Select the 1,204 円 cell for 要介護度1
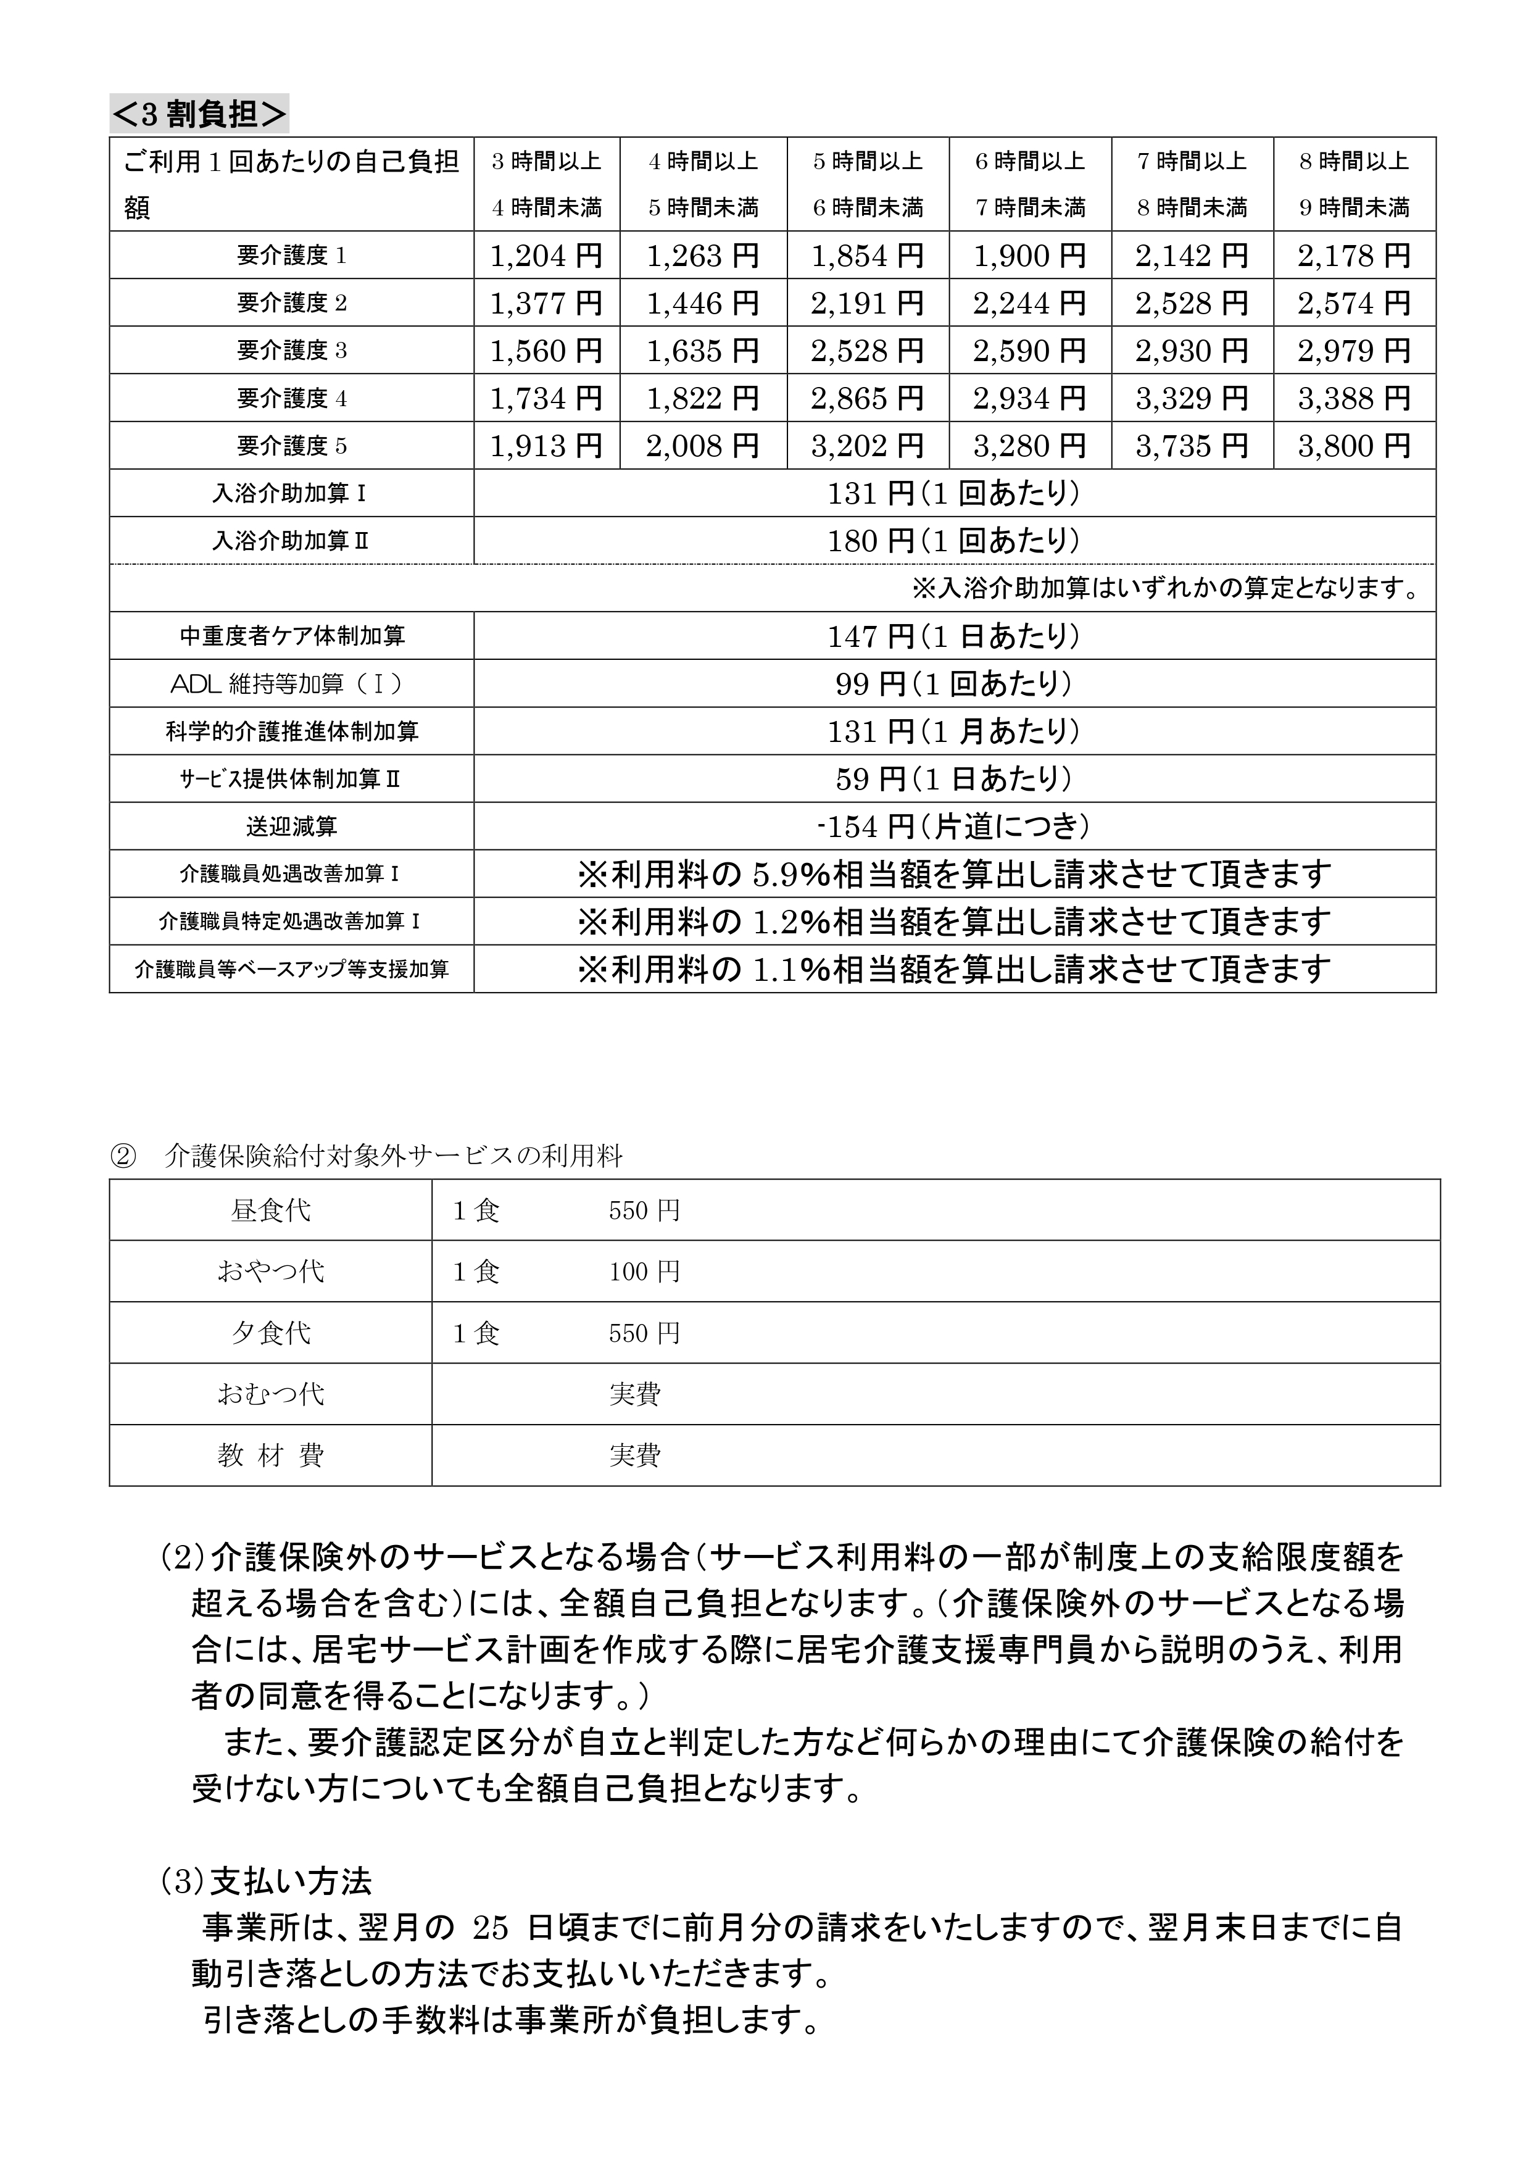tap(546, 256)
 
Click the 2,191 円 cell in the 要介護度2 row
tap(867, 303)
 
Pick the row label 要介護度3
tap(291, 351)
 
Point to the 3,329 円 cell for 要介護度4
tap(1192, 398)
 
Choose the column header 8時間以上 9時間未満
tap(1354, 184)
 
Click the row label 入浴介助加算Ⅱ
tap(291, 541)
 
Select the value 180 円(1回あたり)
tap(953, 541)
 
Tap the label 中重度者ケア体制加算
tap(291, 636)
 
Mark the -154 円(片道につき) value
tap(953, 827)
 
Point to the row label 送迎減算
tap(291, 827)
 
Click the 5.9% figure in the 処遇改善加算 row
tap(789, 875)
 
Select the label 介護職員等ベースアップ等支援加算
tap(291, 969)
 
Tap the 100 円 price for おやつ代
tap(644, 1272)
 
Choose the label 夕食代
tap(271, 1333)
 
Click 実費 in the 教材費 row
tap(635, 1456)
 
